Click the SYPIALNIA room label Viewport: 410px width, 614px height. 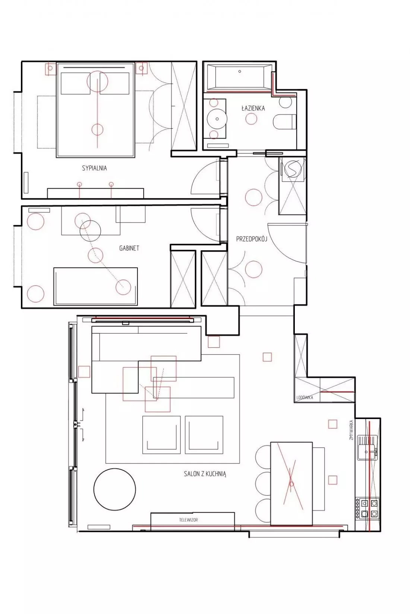[94, 168]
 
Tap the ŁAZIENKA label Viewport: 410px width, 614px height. [253, 108]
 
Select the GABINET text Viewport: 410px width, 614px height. [129, 248]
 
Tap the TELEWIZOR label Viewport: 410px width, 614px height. [189, 519]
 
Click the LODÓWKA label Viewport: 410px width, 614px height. [305, 397]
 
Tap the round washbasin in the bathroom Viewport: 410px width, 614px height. [217, 119]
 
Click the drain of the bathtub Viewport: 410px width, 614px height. [240, 72]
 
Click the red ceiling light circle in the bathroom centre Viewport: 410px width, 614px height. [251, 119]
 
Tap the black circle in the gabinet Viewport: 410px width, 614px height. [90, 231]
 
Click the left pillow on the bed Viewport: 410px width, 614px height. [76, 84]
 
